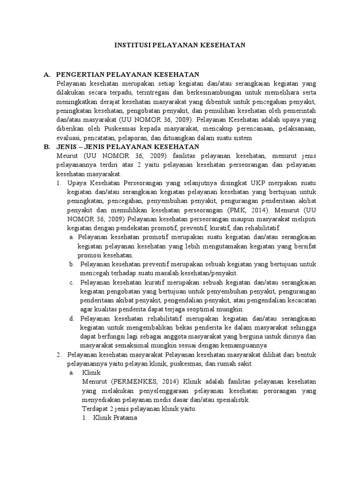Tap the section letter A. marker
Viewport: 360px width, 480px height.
47,75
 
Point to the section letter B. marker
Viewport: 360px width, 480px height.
47,147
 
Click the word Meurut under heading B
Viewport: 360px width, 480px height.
66,156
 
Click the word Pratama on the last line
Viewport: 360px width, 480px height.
125,418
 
